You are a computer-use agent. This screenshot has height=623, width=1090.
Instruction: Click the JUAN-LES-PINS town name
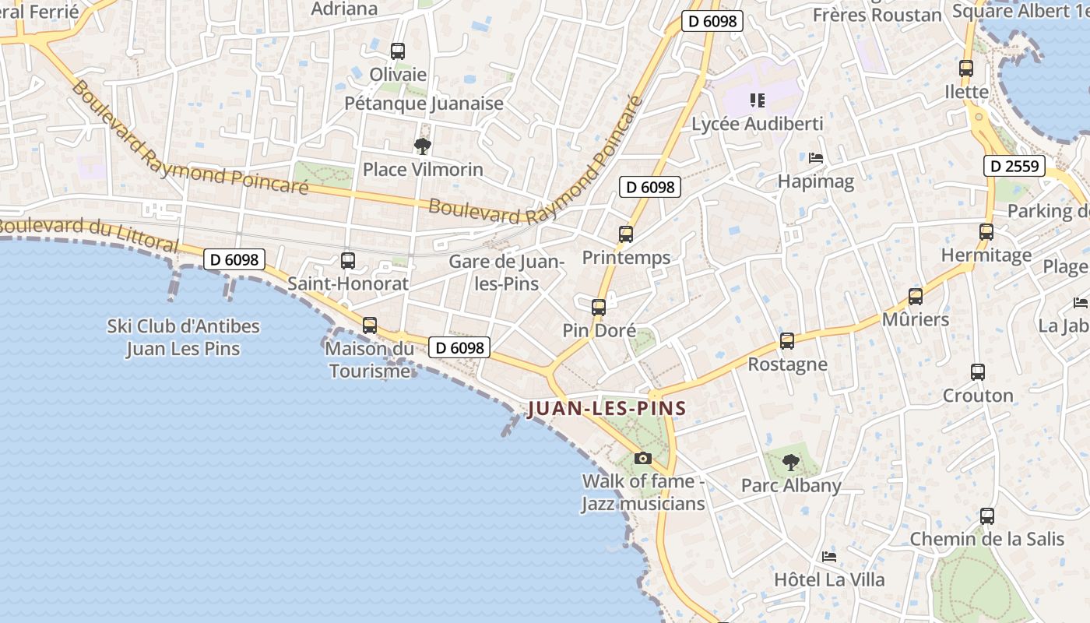pyautogui.click(x=607, y=408)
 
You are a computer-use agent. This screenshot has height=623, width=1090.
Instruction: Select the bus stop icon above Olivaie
pyautogui.click(x=398, y=51)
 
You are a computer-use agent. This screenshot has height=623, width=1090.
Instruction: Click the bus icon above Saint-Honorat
pyautogui.click(x=348, y=261)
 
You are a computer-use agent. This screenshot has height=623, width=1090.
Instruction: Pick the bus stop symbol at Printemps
pyautogui.click(x=625, y=234)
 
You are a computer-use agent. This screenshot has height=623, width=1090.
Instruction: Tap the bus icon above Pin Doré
pyautogui.click(x=598, y=307)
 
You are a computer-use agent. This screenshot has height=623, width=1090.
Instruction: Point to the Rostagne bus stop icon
pyautogui.click(x=787, y=341)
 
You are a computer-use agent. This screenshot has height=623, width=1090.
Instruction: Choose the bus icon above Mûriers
pyautogui.click(x=916, y=297)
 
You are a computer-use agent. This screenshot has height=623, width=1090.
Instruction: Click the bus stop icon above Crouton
pyautogui.click(x=978, y=372)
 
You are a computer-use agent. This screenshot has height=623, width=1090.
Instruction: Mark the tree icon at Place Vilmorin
pyautogui.click(x=422, y=146)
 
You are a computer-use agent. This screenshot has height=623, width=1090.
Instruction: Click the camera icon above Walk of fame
pyautogui.click(x=642, y=458)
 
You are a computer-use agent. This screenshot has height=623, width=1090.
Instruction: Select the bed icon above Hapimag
pyautogui.click(x=816, y=158)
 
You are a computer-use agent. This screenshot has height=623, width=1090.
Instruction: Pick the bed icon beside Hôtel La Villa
pyautogui.click(x=829, y=557)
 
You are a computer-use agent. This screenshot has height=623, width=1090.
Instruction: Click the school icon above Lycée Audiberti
pyautogui.click(x=757, y=100)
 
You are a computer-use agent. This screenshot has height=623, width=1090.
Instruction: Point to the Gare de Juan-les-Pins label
pyautogui.click(x=507, y=273)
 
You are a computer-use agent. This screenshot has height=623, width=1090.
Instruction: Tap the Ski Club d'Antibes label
pyautogui.click(x=183, y=337)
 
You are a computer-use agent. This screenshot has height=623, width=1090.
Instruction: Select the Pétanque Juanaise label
pyautogui.click(x=424, y=103)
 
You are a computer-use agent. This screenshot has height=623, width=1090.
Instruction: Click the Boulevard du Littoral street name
pyautogui.click(x=87, y=233)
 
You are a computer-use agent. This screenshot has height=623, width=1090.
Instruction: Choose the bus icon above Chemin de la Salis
pyautogui.click(x=987, y=516)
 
